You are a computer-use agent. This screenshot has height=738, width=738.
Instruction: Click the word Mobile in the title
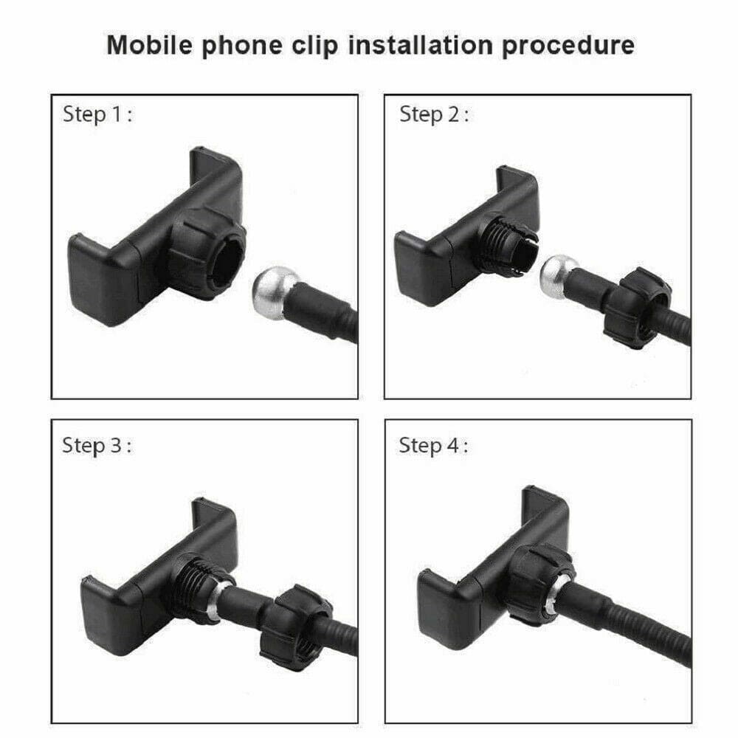point(150,45)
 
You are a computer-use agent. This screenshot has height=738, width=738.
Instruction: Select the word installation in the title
point(421,45)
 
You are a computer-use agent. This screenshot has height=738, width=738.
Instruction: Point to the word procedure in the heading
point(568,46)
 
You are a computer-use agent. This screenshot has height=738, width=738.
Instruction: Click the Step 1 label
point(97,114)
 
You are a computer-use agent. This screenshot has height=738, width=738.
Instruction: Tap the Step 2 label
point(434,114)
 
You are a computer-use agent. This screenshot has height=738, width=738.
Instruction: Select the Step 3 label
point(97,445)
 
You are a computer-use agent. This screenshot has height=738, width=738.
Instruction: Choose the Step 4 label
point(433,445)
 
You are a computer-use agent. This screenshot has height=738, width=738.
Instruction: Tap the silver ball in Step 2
point(558,277)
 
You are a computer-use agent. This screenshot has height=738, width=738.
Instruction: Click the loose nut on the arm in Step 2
point(638,308)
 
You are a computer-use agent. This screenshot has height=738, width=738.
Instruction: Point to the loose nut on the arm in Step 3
point(296,621)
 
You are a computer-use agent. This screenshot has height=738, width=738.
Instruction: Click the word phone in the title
point(242,46)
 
